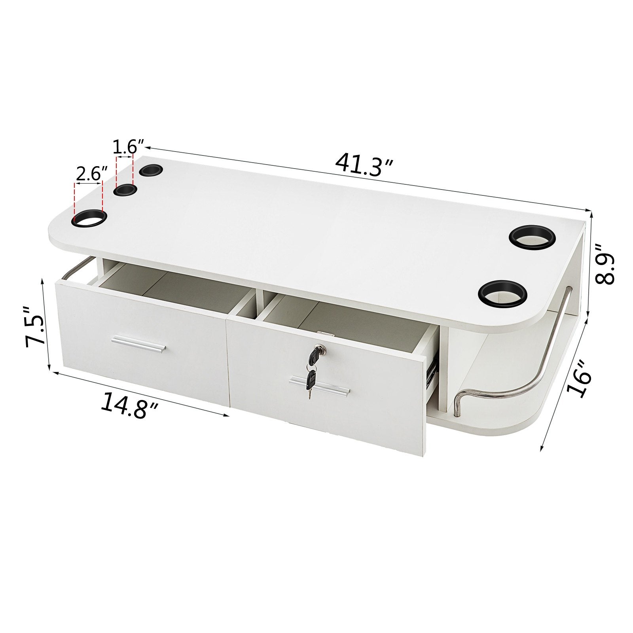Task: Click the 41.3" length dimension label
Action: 364,165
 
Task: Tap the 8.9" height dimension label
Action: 606,264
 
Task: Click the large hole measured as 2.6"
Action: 89,218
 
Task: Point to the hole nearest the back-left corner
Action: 151,171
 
